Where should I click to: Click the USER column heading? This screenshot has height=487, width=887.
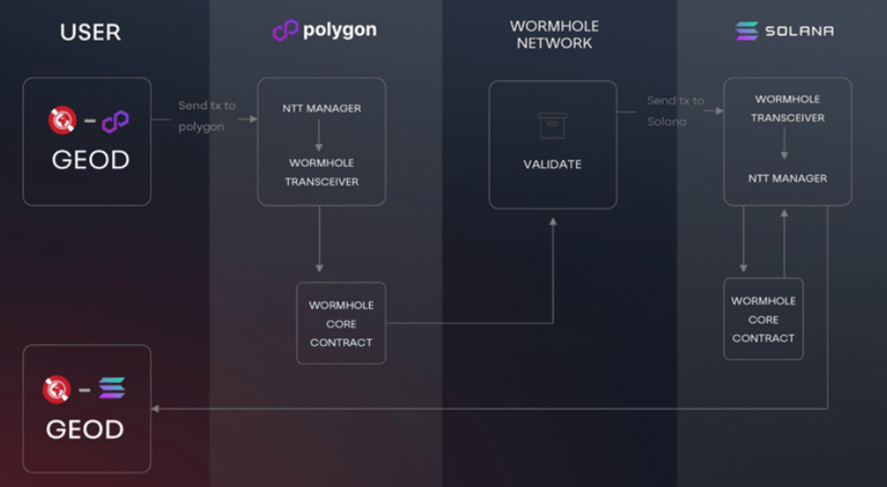[90, 32]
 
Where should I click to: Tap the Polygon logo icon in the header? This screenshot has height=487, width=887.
[285, 31]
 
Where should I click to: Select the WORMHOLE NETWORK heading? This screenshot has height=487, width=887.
[554, 35]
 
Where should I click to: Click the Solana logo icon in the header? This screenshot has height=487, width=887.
[747, 31]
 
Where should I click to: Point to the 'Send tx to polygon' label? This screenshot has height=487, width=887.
[206, 116]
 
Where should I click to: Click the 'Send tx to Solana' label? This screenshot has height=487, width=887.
[674, 110]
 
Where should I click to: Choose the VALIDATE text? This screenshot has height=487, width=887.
[553, 164]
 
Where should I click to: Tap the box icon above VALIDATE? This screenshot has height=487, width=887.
[553, 125]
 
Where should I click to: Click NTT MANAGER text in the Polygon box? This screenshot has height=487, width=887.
[322, 108]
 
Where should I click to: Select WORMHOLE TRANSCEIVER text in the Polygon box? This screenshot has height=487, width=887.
[322, 172]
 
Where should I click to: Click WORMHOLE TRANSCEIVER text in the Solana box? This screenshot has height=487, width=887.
[788, 108]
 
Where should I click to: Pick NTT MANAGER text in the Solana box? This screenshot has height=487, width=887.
[787, 178]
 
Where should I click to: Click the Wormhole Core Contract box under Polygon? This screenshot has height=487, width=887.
[341, 324]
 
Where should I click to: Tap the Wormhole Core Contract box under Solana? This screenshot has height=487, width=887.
[763, 320]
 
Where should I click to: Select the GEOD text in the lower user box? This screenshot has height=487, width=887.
[85, 429]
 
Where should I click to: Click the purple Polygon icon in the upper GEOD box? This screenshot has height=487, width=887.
[115, 122]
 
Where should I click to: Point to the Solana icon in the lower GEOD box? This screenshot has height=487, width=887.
[112, 388]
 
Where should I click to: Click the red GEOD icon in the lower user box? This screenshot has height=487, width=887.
[57, 388]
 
